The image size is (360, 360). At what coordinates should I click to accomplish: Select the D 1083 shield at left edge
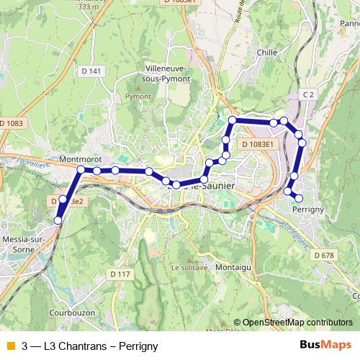click(x=12, y=123)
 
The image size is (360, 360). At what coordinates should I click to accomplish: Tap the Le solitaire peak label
click(x=189, y=267)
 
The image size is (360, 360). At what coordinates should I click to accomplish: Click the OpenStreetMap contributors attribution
click(x=297, y=323)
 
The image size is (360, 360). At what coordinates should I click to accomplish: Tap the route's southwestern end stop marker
click(x=59, y=220)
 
